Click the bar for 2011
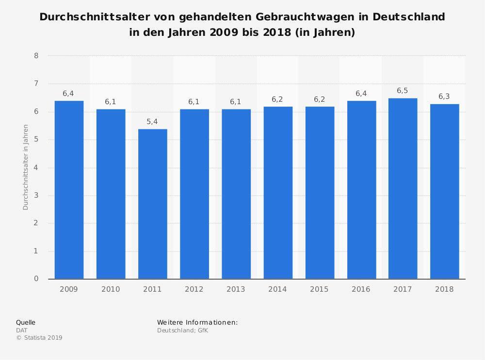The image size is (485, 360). pyautogui.click(x=152, y=203)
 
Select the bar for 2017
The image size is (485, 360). pyautogui.click(x=403, y=188)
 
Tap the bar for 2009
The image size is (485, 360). pyautogui.click(x=69, y=189)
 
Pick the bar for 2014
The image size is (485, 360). pyautogui.click(x=277, y=192)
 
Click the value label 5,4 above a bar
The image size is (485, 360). pyautogui.click(x=152, y=122)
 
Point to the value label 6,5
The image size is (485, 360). pyautogui.click(x=403, y=91)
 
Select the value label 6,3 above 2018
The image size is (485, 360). pyautogui.click(x=444, y=96)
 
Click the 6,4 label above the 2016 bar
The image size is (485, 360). pyautogui.click(x=361, y=94)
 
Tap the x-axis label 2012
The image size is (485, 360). pyautogui.click(x=194, y=289)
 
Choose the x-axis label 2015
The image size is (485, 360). pyautogui.click(x=319, y=289)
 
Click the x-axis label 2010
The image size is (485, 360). pyautogui.click(x=111, y=289)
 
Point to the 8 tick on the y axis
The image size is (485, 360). pyautogui.click(x=36, y=56)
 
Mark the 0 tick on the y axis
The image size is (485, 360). pyautogui.click(x=36, y=279)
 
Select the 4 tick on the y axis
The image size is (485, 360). pyautogui.click(x=36, y=168)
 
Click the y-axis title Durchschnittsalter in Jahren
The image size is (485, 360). pyautogui.click(x=26, y=167)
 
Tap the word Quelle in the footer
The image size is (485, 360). pyautogui.click(x=26, y=322)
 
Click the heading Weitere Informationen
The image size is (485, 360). pyautogui.click(x=197, y=322)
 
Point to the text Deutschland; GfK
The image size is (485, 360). pyautogui.click(x=182, y=330)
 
